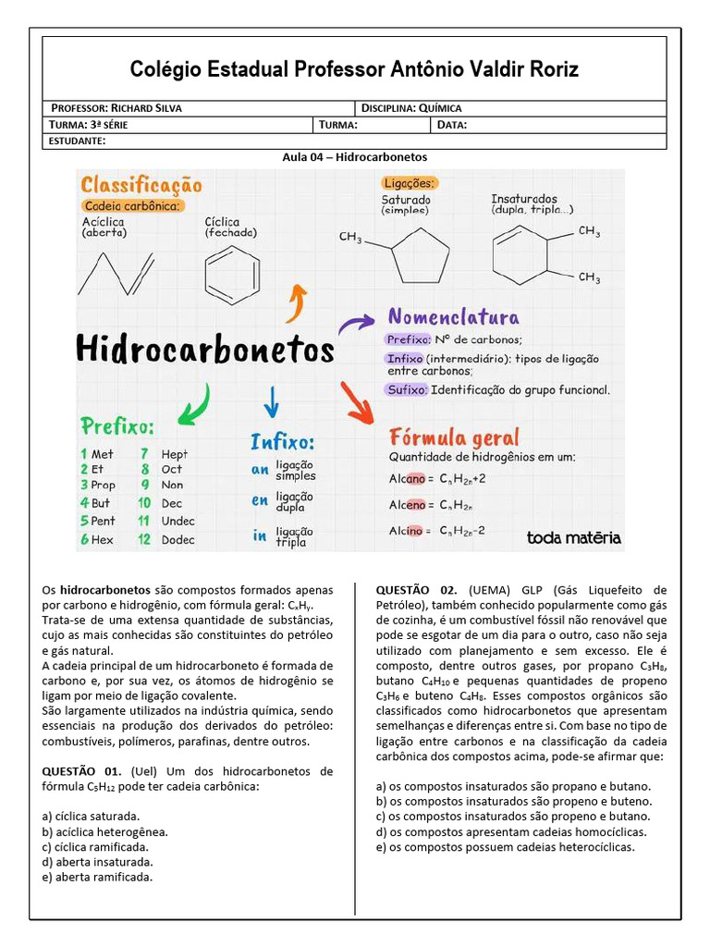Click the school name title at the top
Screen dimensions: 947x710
pos(355,69)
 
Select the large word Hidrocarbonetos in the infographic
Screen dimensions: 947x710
pos(204,350)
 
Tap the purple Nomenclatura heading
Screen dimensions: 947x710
pos(453,318)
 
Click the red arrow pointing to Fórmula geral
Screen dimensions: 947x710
pos(357,401)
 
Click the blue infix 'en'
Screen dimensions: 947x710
pos(260,501)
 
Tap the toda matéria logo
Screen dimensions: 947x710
pos(573,537)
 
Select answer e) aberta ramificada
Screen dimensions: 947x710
pos(97,877)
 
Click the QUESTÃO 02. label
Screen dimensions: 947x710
pos(416,589)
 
